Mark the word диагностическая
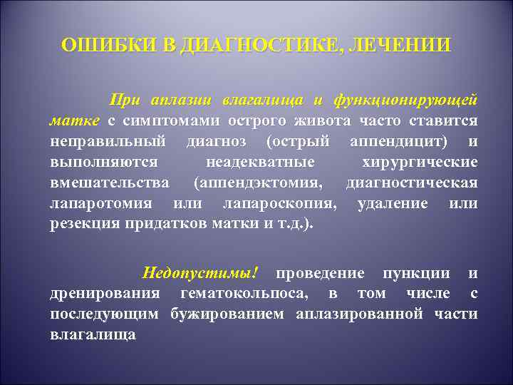pos(412,183)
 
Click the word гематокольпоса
pos(247,293)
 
